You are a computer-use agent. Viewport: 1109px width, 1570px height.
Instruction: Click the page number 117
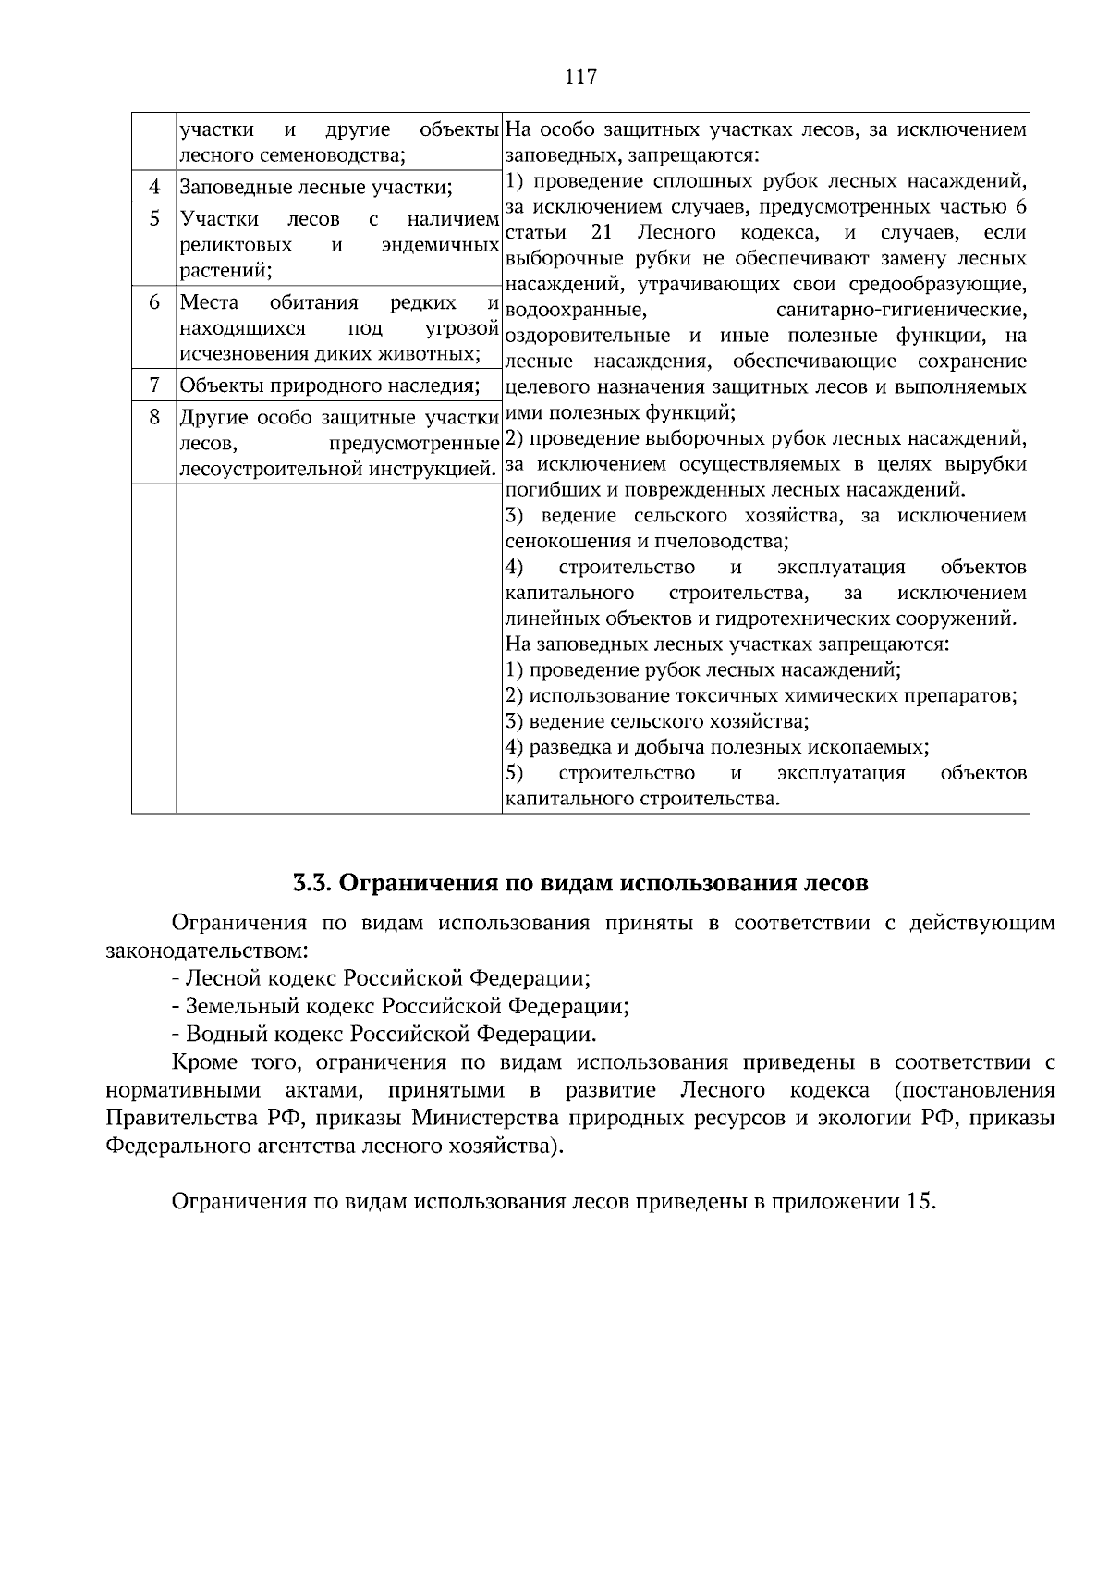580,78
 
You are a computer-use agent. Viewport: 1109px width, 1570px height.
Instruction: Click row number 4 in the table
154,188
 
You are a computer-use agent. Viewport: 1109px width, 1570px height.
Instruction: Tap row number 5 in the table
154,219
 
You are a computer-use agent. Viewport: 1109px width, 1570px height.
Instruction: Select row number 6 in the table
154,302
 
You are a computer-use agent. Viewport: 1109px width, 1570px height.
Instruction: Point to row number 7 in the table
154,385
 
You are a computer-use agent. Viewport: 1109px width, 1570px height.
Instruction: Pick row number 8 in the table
154,417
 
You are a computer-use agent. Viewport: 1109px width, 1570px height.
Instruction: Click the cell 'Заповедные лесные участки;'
316,189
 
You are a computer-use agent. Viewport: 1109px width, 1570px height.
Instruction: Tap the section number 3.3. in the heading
311,883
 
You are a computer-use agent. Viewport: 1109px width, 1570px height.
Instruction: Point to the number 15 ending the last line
920,1202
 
